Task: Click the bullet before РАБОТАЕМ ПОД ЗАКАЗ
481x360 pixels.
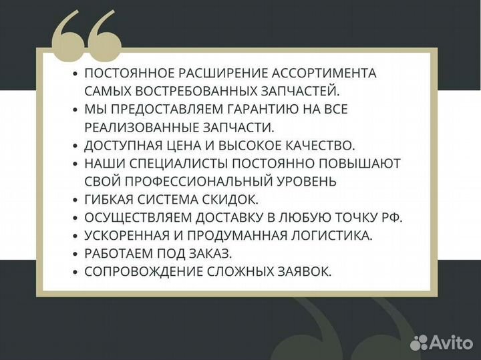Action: [x=75, y=254]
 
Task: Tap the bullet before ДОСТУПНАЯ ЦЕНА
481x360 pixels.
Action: [x=75, y=146]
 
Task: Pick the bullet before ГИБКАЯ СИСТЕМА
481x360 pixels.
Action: [x=75, y=200]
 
